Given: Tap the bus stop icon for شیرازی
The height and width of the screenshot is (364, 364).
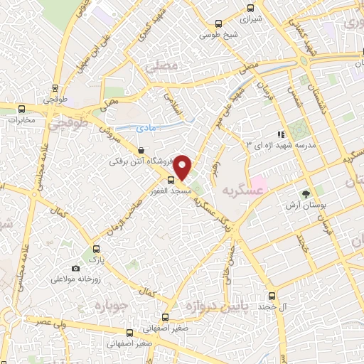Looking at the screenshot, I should (250, 9).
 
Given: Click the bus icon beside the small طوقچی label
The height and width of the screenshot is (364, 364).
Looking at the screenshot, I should (55, 89).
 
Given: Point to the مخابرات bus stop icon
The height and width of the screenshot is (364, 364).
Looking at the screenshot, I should (21, 109).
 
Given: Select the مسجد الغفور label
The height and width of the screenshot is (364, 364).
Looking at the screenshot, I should (160, 191).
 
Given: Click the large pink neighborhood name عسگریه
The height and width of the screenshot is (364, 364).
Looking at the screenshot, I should (242, 191).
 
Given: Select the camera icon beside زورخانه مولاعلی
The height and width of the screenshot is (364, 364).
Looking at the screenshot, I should (75, 268).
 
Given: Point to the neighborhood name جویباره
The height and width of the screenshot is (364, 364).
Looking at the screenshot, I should (110, 308).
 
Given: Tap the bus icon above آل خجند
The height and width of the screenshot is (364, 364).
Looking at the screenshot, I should (271, 296).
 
